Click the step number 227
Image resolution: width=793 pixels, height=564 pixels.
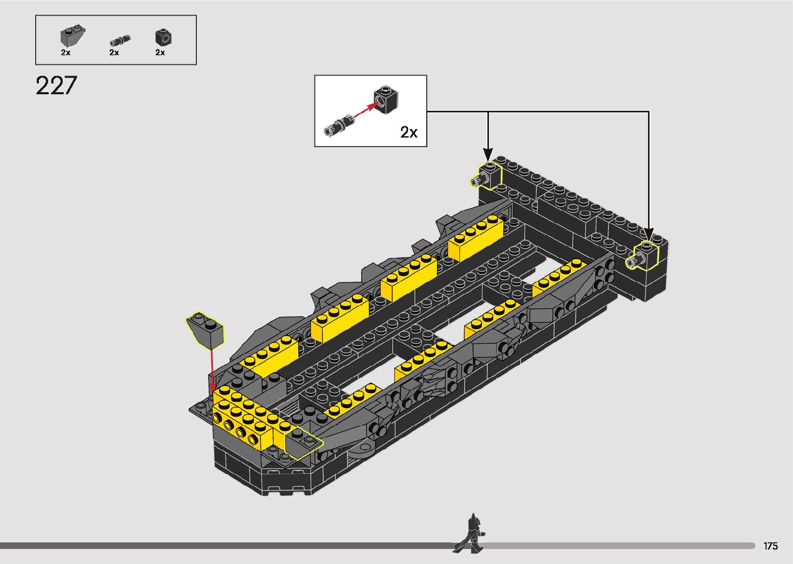point(56,85)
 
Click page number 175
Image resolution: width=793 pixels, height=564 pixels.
point(770,546)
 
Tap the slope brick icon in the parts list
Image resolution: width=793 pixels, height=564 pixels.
point(72,35)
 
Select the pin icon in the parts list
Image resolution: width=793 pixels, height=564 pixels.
point(120,40)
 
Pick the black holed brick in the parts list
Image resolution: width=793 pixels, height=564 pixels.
point(163,37)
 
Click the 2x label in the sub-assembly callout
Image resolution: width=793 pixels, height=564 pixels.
point(409,133)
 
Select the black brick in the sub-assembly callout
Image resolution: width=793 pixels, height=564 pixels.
point(386,98)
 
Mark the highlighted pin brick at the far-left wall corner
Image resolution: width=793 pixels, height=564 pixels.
point(486,176)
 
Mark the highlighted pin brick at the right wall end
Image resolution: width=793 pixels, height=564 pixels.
point(644,255)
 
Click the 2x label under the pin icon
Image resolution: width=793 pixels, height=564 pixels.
point(114,52)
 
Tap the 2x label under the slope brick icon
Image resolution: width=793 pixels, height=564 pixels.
point(65,52)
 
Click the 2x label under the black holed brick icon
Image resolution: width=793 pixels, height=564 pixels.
point(160,52)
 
